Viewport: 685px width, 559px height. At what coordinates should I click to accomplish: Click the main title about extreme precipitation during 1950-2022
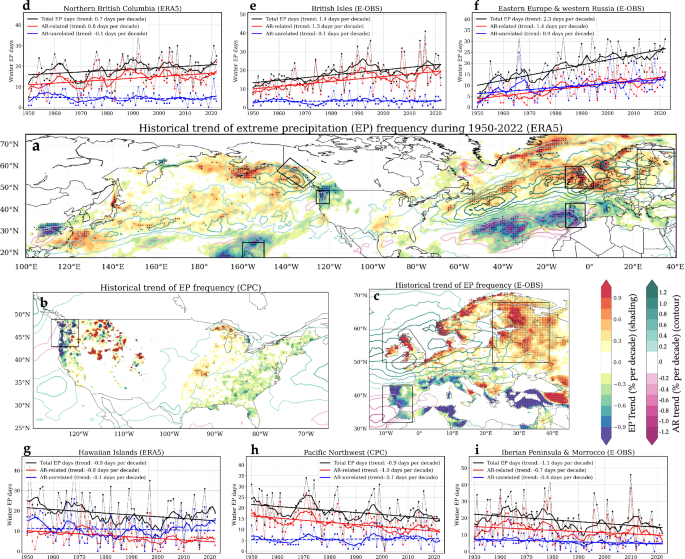[x=346, y=128]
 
